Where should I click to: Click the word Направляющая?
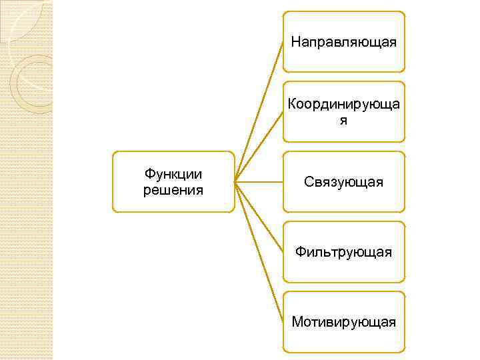343,43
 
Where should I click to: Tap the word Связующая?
343,182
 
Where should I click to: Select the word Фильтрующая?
343,252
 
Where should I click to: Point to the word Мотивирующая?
343,322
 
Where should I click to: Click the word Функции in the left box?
173,175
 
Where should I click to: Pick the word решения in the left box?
173,190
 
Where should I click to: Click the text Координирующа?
343,104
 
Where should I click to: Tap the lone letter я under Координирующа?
343,121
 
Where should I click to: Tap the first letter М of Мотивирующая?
296,322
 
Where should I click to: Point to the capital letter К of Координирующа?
291,104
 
